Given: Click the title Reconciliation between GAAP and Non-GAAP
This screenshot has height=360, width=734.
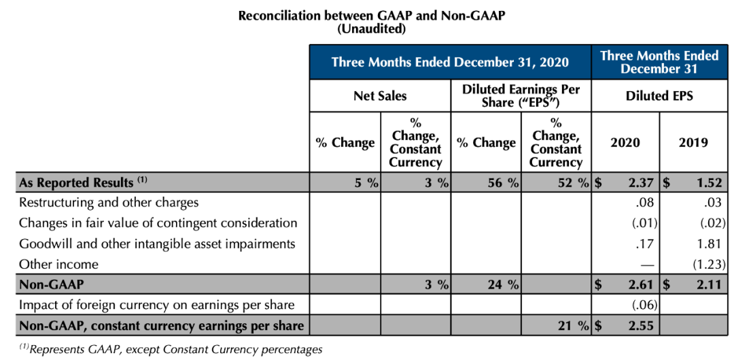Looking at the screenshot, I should coord(371,16).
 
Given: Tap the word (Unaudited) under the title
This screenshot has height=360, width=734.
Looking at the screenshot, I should coord(371,29).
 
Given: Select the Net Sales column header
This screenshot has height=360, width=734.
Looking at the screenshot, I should coord(380,96).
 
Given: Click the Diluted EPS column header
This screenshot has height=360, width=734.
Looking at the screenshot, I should coord(659,96).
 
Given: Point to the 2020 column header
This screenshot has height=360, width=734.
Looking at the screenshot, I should coord(625,142).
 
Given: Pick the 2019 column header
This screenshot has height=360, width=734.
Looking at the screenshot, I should coord(693,142).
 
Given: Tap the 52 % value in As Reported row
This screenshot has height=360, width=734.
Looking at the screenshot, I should coord(567,183).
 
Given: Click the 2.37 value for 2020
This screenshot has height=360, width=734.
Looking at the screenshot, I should coord(639,183).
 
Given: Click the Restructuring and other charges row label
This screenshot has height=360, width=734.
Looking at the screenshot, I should coord(109,202).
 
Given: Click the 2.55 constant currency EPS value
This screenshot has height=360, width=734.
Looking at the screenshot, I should coord(639,326).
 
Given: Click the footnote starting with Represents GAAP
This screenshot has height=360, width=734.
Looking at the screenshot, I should coord(170,349).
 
